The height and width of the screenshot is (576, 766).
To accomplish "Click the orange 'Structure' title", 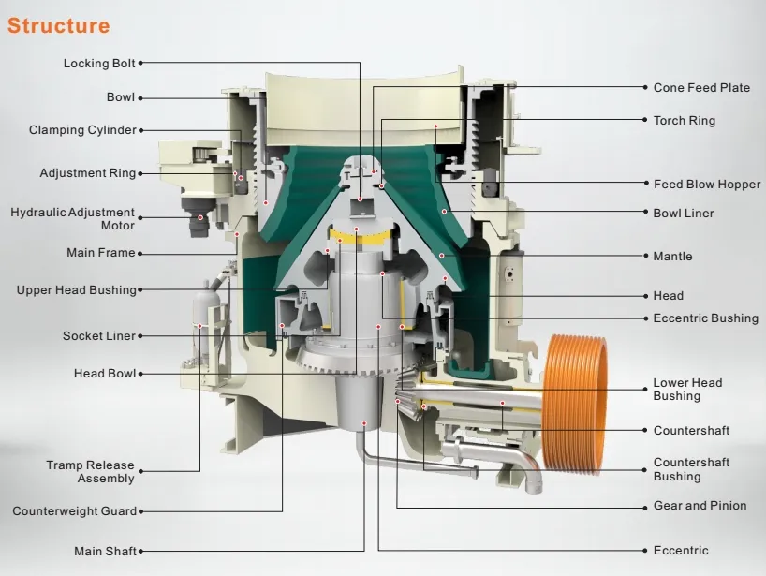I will [58, 25].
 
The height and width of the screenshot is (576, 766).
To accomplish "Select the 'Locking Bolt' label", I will [99, 64].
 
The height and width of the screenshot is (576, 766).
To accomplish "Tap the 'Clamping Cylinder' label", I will [82, 130].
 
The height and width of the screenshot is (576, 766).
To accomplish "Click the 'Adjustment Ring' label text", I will [87, 173].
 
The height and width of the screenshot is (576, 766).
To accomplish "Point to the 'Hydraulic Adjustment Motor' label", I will [73, 219].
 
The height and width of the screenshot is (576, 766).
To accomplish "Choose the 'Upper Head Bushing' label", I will [76, 290].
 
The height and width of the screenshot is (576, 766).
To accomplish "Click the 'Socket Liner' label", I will [99, 336].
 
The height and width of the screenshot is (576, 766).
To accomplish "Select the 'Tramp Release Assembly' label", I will [91, 472].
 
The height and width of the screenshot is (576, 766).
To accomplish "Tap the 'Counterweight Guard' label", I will [74, 511].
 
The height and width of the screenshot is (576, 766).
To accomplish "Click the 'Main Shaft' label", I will [105, 551].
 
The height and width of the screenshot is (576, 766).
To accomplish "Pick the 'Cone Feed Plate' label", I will [701, 88].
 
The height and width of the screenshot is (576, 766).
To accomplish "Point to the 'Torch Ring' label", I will [684, 121].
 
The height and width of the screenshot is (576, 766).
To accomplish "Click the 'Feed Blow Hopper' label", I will [706, 185].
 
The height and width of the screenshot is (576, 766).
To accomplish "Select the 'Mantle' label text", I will [672, 257].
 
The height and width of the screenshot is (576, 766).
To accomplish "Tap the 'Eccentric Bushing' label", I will [705, 318].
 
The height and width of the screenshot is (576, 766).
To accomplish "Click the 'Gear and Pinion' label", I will [700, 506].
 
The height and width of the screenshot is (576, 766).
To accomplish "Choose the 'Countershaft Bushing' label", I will [691, 469].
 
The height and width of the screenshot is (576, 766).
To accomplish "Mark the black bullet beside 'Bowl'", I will [140, 97].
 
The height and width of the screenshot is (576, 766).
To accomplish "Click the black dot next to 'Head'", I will [642, 296].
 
